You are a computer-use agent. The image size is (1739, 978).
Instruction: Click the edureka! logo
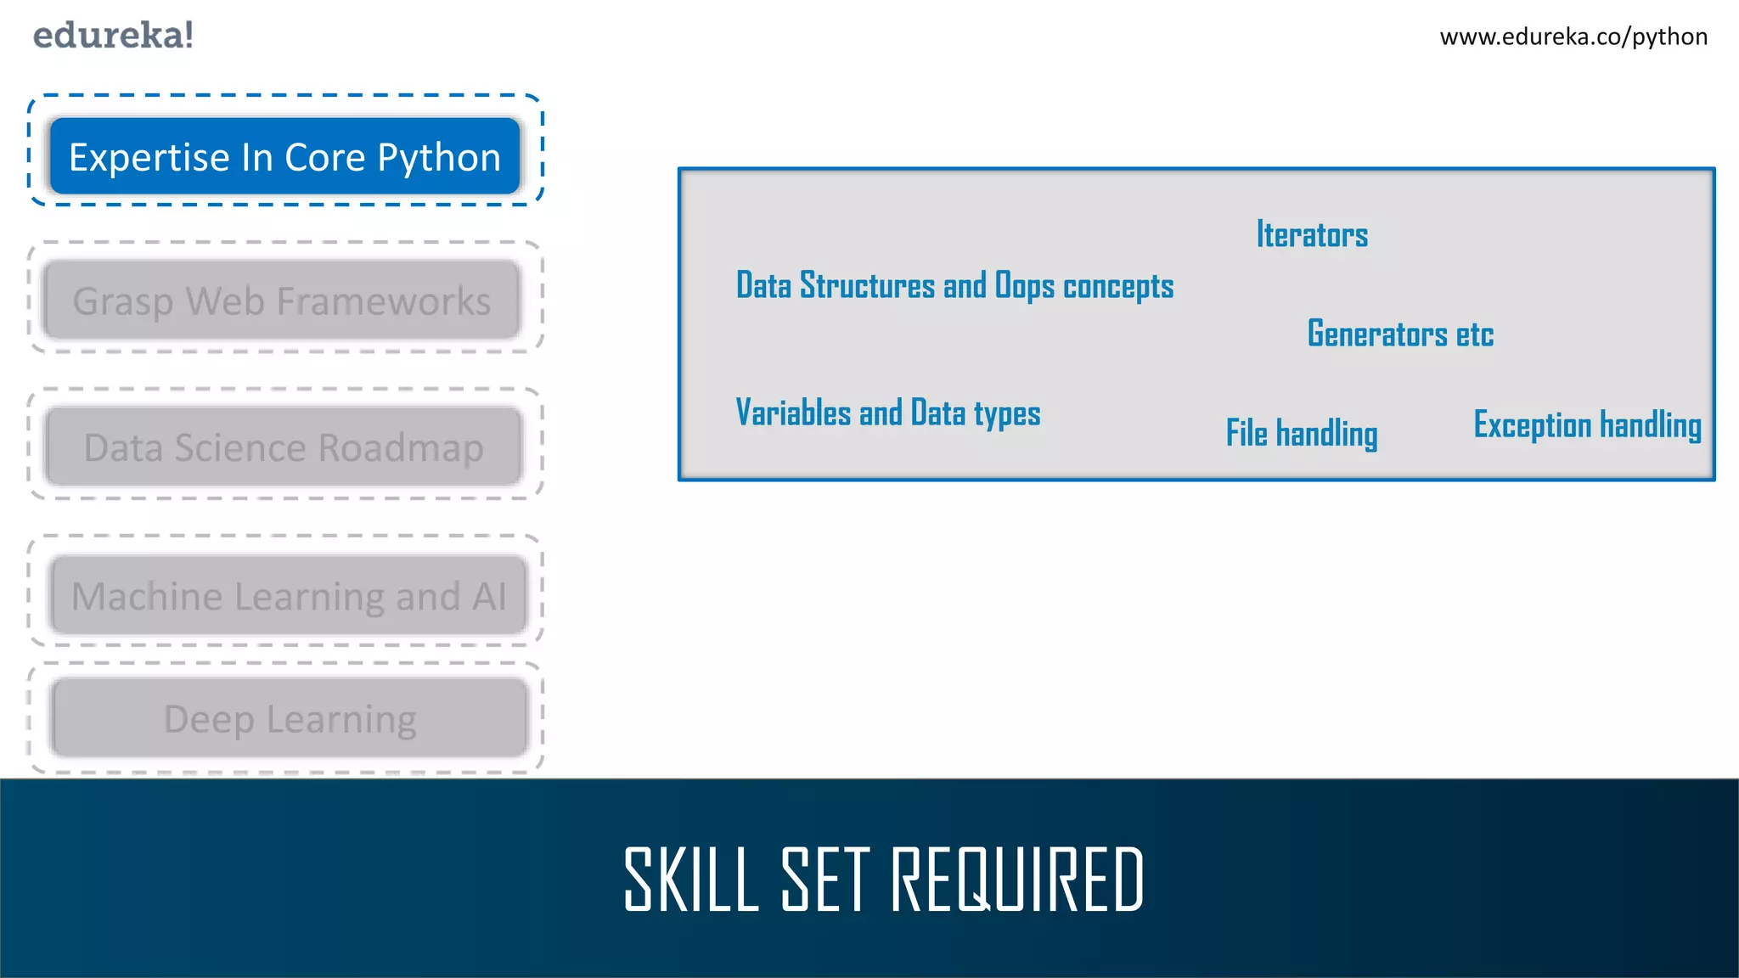click(113, 36)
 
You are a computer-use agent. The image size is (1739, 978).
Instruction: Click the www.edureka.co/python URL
click(1573, 37)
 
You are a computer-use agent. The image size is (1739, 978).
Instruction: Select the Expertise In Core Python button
click(284, 157)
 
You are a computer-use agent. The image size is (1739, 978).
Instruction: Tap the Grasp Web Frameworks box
click(282, 301)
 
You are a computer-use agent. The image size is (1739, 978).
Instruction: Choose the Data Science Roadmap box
click(284, 447)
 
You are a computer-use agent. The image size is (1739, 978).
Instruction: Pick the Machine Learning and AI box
click(289, 596)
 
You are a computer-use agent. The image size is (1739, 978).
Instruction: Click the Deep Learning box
click(290, 719)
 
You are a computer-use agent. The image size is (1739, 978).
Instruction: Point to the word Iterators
click(1312, 235)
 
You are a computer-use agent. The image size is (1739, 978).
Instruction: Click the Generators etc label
click(1400, 334)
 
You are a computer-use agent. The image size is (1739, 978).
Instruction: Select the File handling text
click(1301, 433)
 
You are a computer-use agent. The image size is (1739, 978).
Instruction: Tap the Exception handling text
click(1587, 424)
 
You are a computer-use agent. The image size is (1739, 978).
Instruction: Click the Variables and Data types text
click(887, 413)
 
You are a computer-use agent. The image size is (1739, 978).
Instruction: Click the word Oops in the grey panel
click(1025, 286)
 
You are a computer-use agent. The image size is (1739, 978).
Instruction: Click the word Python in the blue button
click(439, 158)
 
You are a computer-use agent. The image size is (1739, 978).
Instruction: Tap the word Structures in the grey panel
click(867, 286)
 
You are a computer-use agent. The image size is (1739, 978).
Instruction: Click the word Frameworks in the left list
click(384, 301)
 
